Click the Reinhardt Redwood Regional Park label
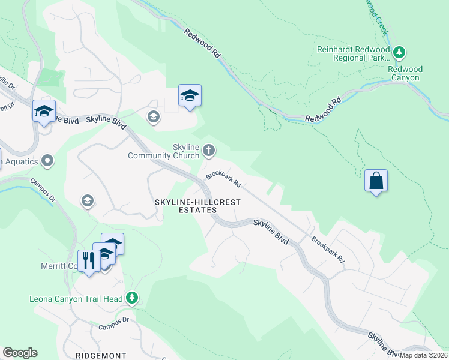[x=354, y=53]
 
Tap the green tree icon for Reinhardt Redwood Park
[x=400, y=53]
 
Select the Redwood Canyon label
[x=405, y=73]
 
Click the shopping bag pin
[x=376, y=181]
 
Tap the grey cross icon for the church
[x=208, y=149]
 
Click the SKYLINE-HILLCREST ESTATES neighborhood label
[x=197, y=206]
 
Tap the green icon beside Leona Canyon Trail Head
[x=132, y=298]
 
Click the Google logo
[x=20, y=353]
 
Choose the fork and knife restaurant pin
[x=89, y=261]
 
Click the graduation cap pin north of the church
[x=190, y=96]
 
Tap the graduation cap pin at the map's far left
[x=44, y=111]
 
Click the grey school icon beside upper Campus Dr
[x=88, y=200]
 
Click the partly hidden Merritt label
[x=63, y=266]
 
